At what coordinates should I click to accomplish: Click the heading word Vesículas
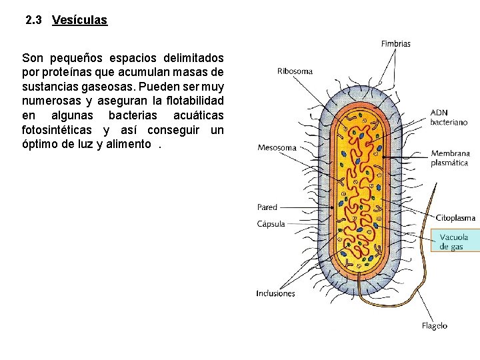click(x=79, y=20)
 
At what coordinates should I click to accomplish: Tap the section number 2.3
click(x=34, y=20)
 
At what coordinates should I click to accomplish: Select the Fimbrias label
click(x=395, y=44)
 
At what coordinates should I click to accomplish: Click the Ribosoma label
click(x=295, y=71)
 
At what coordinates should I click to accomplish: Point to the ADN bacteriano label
click(x=449, y=117)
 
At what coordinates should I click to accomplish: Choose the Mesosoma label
click(x=278, y=147)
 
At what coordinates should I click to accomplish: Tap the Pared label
click(x=267, y=207)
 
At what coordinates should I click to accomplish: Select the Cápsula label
click(x=271, y=224)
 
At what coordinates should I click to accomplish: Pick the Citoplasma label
click(x=455, y=217)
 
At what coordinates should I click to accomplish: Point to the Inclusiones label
click(x=275, y=293)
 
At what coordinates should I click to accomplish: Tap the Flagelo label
click(x=434, y=326)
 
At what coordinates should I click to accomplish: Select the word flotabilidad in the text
click(x=191, y=101)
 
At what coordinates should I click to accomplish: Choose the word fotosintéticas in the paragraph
click(x=57, y=130)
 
